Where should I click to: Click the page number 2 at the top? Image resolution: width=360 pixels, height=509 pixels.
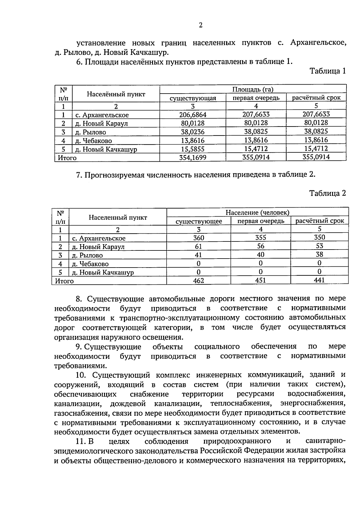click(x=201, y=25)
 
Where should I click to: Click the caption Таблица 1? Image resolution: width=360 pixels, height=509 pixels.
click(x=328, y=71)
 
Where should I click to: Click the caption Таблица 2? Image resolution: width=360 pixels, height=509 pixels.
click(x=328, y=193)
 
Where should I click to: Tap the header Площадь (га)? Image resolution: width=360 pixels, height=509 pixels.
click(x=253, y=89)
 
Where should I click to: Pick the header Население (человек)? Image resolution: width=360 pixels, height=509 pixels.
click(x=257, y=213)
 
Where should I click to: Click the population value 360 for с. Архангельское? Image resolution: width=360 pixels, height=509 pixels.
click(x=199, y=238)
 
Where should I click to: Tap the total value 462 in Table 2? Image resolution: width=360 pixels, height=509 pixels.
click(x=199, y=281)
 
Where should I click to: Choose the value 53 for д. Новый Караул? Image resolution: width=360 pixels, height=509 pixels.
click(x=319, y=246)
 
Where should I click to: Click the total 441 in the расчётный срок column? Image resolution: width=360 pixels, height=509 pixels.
click(x=319, y=280)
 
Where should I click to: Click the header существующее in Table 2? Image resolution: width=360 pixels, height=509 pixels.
click(x=199, y=221)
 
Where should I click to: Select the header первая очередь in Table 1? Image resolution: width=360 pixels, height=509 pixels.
click(x=256, y=98)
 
